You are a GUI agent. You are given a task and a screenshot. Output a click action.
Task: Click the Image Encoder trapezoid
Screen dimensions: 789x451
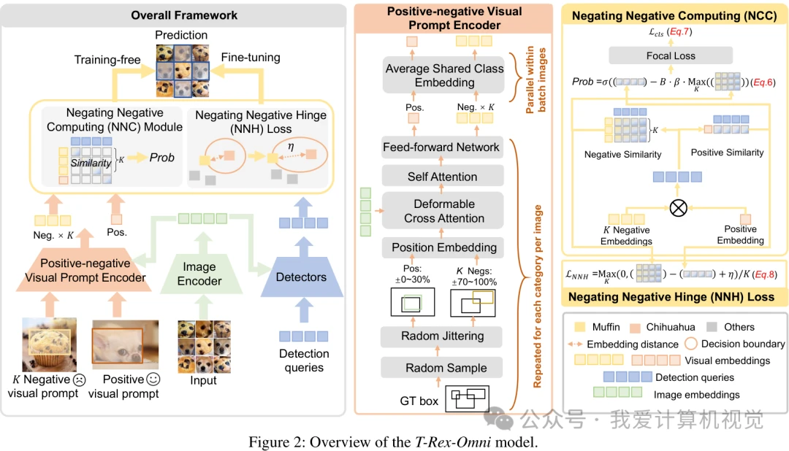tap(201, 274)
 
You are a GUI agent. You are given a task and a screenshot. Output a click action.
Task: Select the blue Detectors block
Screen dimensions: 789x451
tap(302, 277)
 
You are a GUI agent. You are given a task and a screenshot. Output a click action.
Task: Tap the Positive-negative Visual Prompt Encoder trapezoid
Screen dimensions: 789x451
tap(85, 270)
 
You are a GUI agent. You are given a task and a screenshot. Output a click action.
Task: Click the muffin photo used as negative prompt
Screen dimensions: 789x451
tap(50, 344)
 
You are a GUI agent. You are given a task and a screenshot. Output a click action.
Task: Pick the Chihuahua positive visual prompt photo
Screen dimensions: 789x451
tap(126, 344)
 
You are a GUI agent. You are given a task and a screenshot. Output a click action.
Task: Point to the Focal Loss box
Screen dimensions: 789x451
tap(670, 55)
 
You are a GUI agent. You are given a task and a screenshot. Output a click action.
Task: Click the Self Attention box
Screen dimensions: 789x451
tap(442, 177)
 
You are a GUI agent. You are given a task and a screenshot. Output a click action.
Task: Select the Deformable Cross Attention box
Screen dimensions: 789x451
tap(443, 211)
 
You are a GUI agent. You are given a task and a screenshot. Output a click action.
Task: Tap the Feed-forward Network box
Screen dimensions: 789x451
tap(441, 147)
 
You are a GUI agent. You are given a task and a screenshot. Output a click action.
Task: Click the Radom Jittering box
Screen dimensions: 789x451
tap(441, 336)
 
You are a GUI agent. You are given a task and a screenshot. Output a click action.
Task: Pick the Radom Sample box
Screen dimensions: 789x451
tap(441, 368)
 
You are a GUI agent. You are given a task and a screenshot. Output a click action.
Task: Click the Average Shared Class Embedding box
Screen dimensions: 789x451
tap(444, 75)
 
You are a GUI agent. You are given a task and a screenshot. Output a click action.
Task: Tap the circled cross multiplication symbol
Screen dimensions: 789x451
tap(678, 208)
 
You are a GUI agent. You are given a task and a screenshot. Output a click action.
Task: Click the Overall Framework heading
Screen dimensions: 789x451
tap(184, 15)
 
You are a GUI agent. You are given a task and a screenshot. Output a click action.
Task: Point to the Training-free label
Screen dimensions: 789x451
tap(107, 60)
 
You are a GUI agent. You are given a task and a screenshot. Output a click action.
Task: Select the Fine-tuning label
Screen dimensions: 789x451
tap(251, 58)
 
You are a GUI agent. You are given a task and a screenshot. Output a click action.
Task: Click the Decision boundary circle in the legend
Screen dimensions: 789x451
tap(691, 344)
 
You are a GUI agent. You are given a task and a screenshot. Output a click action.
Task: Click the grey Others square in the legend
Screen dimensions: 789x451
tap(712, 327)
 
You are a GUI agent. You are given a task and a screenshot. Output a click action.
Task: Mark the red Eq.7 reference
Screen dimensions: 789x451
tap(679, 31)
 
